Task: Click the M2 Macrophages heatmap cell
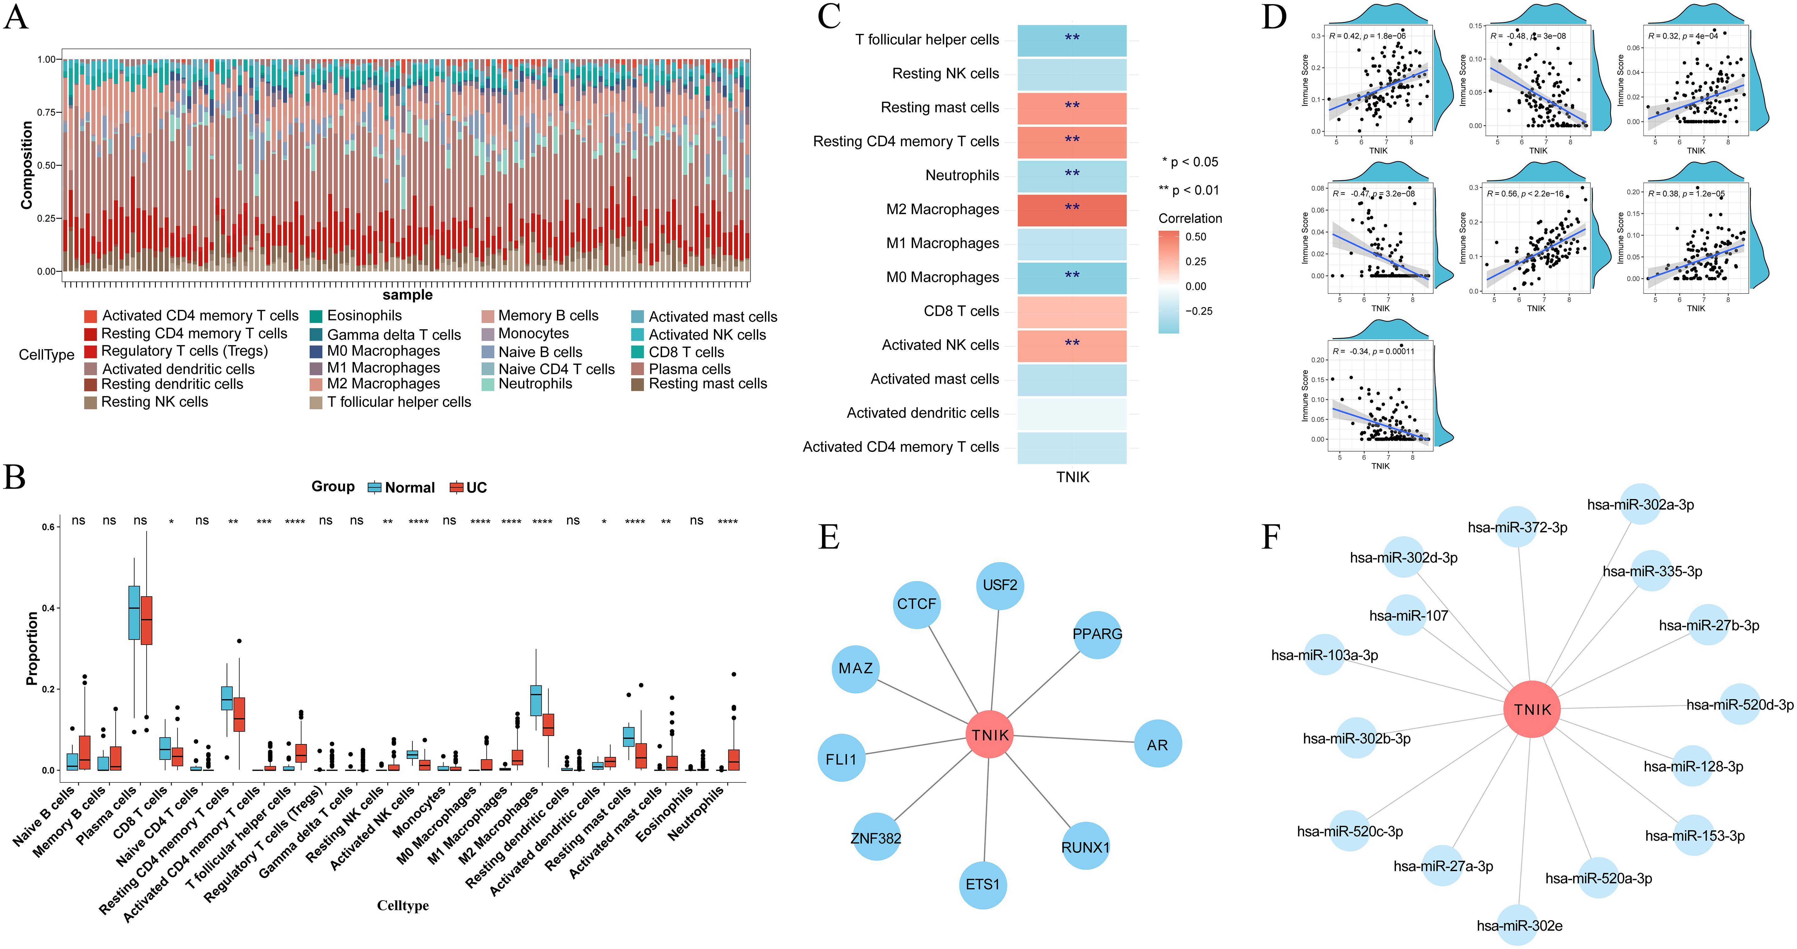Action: (x=1072, y=209)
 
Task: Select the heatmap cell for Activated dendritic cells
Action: (x=1072, y=413)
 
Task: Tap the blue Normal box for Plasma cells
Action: (x=134, y=612)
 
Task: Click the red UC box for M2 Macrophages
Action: (x=548, y=724)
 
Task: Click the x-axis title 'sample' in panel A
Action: (x=407, y=295)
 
